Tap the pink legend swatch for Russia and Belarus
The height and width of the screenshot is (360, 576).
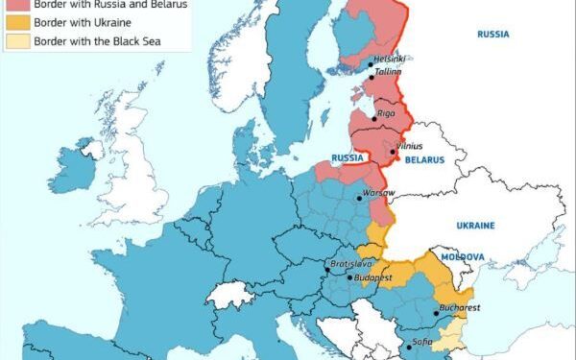[x=16, y=5]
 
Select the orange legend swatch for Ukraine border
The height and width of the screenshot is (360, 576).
[x=16, y=22]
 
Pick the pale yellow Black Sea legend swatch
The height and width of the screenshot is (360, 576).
[x=16, y=41]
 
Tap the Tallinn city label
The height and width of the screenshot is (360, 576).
[x=388, y=72]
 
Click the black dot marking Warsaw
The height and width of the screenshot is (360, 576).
[x=359, y=199]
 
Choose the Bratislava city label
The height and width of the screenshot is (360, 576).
[x=351, y=263]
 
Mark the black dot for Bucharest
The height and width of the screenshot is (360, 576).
[x=437, y=313]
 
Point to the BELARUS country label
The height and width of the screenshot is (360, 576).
[x=424, y=160]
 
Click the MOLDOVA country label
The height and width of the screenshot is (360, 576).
[x=462, y=257]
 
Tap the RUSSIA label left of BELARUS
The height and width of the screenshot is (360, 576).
[x=347, y=156]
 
